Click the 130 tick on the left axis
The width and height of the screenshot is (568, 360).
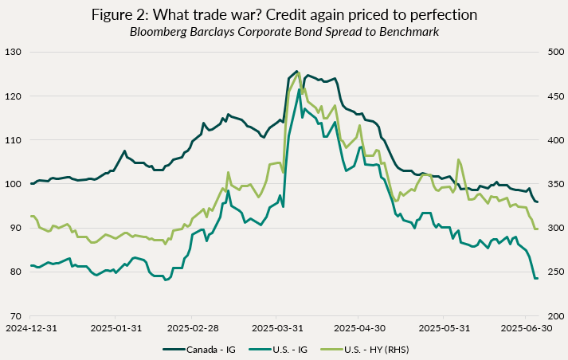coord(15,52)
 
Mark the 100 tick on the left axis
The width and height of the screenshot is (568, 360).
coord(15,184)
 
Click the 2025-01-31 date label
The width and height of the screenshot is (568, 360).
coord(117,327)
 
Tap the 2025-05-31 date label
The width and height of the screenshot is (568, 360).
coord(445,327)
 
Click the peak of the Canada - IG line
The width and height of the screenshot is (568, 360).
coord(296,72)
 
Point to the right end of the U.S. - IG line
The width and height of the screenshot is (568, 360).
coord(538,278)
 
